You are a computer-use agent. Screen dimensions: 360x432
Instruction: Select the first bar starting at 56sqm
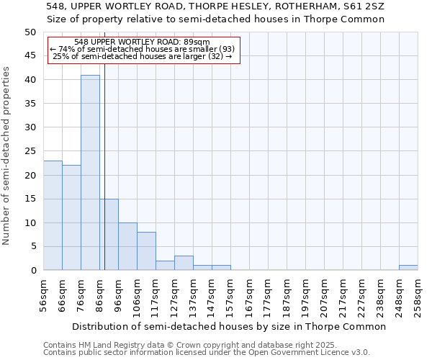53,215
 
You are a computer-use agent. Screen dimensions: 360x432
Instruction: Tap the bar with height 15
109,235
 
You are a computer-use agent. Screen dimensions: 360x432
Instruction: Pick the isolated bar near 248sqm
408,268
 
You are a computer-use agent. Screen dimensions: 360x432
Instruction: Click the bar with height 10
127,246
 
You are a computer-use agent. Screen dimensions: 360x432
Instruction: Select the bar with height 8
146,251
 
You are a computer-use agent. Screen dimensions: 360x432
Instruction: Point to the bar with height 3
184,263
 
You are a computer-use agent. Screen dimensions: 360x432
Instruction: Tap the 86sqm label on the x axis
99,294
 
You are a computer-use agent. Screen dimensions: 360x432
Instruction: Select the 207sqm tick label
324,294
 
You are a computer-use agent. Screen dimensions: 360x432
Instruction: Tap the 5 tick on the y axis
33,247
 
